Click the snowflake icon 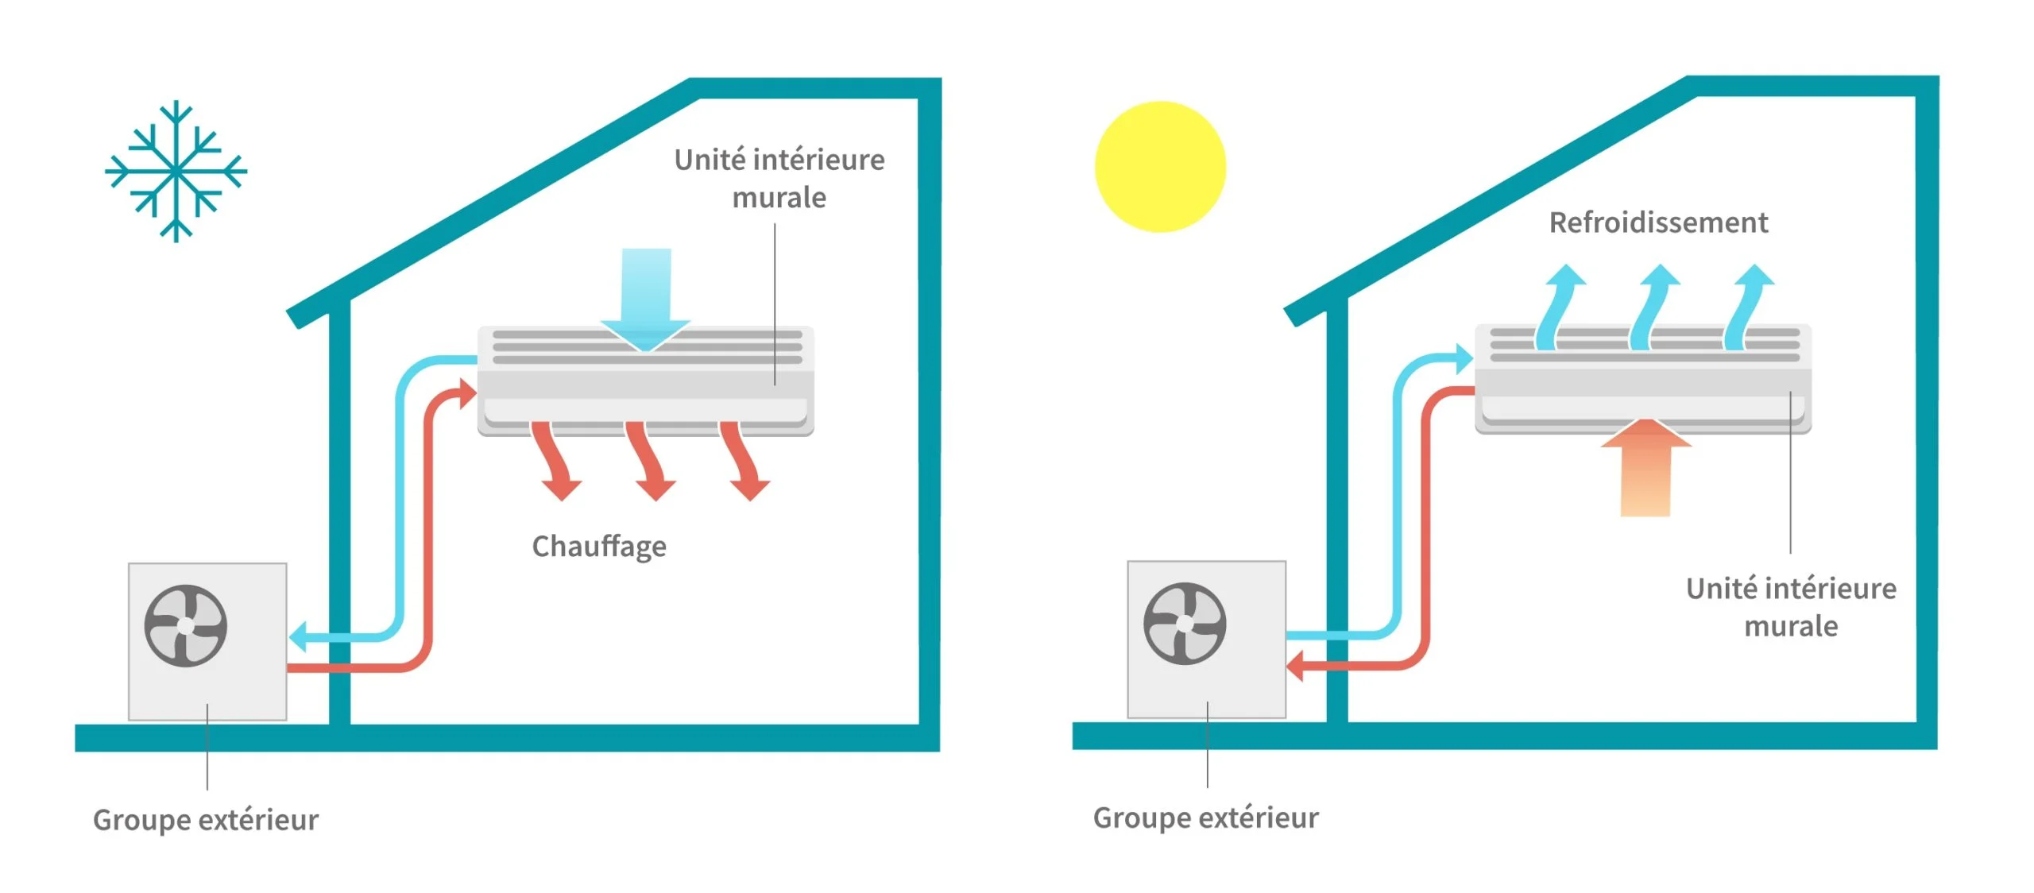pos(176,170)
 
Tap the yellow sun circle pos(1160,167)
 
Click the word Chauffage pos(599,547)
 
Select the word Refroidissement pos(1658,222)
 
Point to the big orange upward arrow pos(1645,469)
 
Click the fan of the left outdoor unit pos(185,626)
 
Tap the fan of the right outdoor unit pos(1185,624)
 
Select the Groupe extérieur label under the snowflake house pos(206,820)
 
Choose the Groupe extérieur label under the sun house pos(1205,818)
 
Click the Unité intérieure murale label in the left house pos(779,179)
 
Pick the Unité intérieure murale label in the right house pos(1791,607)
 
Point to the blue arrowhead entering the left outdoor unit pos(300,636)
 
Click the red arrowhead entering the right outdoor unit pos(1296,666)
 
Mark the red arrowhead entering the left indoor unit pos(466,392)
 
